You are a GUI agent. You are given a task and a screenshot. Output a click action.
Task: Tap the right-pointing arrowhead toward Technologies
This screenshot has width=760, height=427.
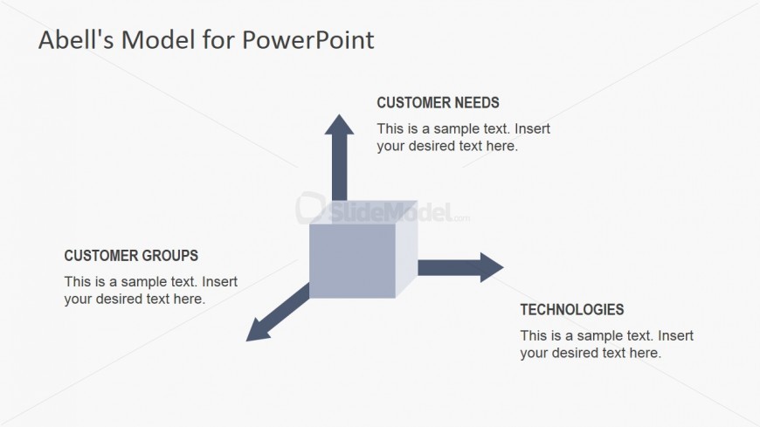point(490,267)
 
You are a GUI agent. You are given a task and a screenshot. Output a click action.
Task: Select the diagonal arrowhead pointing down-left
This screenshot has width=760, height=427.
point(259,328)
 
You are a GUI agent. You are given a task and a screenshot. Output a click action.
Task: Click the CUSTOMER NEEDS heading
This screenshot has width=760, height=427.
point(438,103)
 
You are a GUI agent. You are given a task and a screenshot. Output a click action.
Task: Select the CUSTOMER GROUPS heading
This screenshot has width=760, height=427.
point(131,256)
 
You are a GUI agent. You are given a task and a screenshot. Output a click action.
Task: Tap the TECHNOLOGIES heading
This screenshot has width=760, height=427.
point(571,309)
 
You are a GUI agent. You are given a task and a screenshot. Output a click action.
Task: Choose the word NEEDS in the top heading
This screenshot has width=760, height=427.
point(477,103)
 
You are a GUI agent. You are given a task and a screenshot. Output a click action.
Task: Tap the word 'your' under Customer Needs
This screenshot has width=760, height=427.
point(391,146)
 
